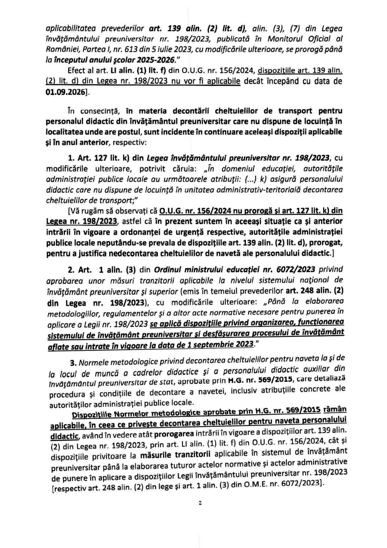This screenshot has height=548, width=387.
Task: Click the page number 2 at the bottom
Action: pos(200,503)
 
